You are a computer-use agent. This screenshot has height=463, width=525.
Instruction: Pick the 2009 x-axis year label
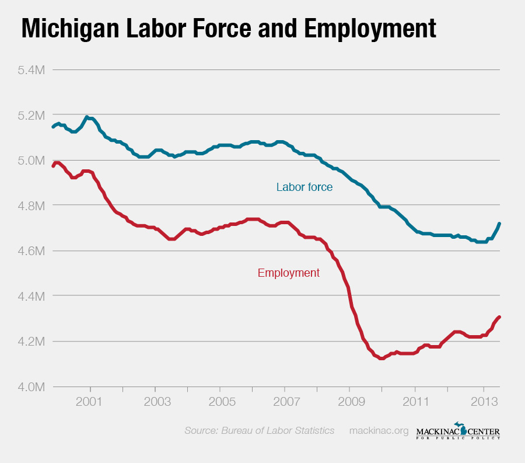[349, 402]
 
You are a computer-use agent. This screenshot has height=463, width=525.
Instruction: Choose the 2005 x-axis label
[220, 402]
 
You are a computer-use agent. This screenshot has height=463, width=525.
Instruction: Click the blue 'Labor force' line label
[304, 187]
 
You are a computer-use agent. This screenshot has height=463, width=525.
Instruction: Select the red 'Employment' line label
[288, 273]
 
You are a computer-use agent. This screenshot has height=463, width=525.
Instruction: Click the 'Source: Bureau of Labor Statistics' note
[259, 431]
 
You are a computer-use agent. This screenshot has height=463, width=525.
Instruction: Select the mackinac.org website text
[379, 431]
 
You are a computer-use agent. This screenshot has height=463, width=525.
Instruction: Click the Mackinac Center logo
[458, 431]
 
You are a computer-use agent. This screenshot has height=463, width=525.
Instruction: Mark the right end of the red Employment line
[500, 317]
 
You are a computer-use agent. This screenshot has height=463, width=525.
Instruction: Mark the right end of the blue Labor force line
[500, 224]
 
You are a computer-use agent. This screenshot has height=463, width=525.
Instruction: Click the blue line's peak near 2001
[87, 117]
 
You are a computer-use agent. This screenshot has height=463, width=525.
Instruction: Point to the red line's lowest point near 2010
[381, 358]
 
